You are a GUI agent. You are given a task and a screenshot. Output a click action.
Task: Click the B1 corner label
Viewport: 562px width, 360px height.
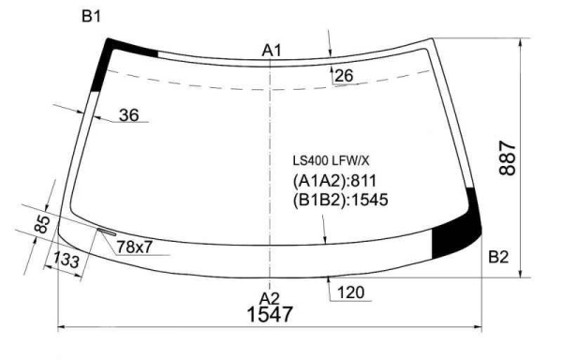pyautogui.click(x=91, y=17)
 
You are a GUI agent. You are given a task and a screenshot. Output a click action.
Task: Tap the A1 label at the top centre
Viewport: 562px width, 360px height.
pyautogui.click(x=272, y=51)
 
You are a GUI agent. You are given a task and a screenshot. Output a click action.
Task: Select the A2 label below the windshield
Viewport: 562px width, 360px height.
pyautogui.click(x=270, y=299)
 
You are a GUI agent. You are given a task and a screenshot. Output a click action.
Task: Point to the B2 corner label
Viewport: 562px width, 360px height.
pyautogui.click(x=498, y=257)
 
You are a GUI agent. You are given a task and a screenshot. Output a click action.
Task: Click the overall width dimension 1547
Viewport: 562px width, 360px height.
pyautogui.click(x=270, y=314)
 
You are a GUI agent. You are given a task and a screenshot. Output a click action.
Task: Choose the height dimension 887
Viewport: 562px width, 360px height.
pyautogui.click(x=507, y=158)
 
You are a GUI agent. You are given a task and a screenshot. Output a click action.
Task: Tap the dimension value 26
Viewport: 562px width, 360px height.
pyautogui.click(x=344, y=75)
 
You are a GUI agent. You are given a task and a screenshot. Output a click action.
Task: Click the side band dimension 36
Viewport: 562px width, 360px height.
pyautogui.click(x=128, y=115)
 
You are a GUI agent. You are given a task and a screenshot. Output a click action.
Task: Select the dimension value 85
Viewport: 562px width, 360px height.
pyautogui.click(x=42, y=224)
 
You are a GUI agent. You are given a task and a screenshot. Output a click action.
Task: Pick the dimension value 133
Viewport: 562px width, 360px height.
pyautogui.click(x=66, y=260)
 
